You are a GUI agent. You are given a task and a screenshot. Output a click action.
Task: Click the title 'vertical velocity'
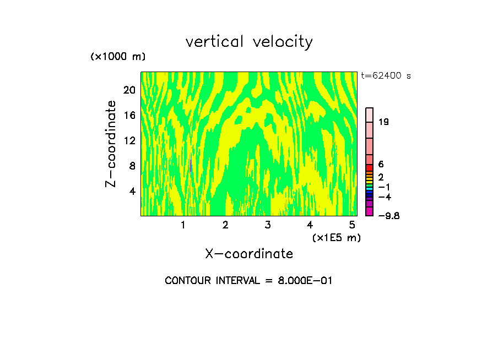249,42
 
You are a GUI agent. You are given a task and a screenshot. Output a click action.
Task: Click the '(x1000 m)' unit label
117,57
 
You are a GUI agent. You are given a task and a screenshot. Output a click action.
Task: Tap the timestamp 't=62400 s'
386,76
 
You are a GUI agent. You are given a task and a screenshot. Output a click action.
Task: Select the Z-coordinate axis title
111,144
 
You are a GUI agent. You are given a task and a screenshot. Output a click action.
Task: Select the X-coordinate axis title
249,254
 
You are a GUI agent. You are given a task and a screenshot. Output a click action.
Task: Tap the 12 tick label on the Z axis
129,140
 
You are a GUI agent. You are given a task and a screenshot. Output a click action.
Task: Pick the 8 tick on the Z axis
132,166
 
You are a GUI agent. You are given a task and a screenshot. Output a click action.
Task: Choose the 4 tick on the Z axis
132,191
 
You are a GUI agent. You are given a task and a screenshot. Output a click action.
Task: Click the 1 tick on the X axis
183,225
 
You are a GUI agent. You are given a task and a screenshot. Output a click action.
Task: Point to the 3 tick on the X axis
267,225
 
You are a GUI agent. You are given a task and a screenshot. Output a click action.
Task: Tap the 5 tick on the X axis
351,225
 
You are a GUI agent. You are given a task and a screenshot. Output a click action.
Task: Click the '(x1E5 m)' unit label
336,237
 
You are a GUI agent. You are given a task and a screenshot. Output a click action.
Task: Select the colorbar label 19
384,122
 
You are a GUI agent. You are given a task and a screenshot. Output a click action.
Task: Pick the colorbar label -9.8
388,216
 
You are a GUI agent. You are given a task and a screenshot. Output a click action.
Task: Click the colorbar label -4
385,197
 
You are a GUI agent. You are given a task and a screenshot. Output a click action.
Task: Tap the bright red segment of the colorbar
370,167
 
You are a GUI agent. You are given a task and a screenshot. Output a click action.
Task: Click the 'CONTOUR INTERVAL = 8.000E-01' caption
248,281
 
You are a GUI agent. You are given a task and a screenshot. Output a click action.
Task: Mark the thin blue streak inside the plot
190,165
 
